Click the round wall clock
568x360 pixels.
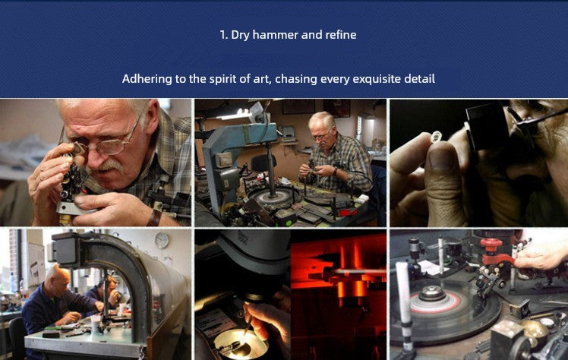162,240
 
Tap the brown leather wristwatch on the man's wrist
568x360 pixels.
155,217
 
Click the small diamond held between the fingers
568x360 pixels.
436,137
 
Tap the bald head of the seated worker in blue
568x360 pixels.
57,276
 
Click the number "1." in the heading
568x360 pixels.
224,35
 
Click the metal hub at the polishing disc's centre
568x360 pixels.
432,292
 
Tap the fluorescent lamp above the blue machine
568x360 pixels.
235,115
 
